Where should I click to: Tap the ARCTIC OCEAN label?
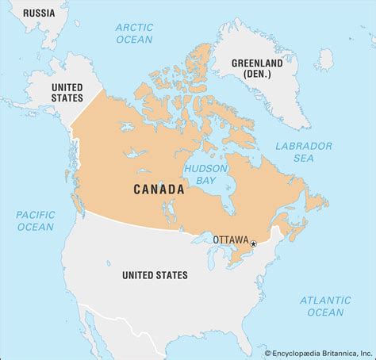pyautogui.click(x=134, y=33)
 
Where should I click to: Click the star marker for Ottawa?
pyautogui.click(x=254, y=244)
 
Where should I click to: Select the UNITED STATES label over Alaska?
pyautogui.click(x=66, y=93)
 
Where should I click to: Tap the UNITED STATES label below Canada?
pyautogui.click(x=155, y=275)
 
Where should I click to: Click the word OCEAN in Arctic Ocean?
pyautogui.click(x=134, y=39)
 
